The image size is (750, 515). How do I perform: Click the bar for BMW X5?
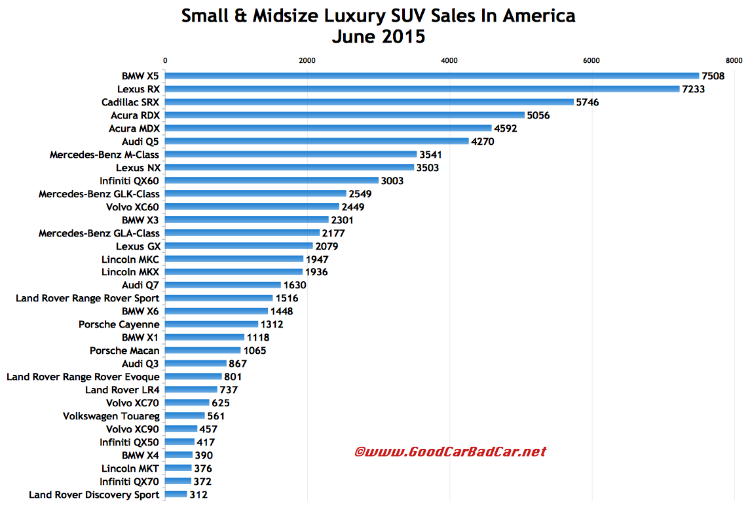432,76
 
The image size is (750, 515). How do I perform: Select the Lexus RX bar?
422,89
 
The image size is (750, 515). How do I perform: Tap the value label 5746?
587,102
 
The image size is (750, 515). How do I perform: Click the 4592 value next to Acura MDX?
506,128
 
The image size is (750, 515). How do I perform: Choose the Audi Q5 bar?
316,142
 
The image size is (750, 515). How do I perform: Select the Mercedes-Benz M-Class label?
105,155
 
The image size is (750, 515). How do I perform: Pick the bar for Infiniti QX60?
272,181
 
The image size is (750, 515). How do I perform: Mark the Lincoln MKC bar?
234,259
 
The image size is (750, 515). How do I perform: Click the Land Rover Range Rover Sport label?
88,298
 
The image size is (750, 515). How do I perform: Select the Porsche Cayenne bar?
212,324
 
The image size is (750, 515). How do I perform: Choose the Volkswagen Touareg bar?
185,416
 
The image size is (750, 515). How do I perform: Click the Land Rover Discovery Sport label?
94,495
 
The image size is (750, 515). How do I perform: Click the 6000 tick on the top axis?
591,60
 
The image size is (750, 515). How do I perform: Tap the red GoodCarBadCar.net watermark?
450,451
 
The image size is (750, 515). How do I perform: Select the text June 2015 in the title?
378,37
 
